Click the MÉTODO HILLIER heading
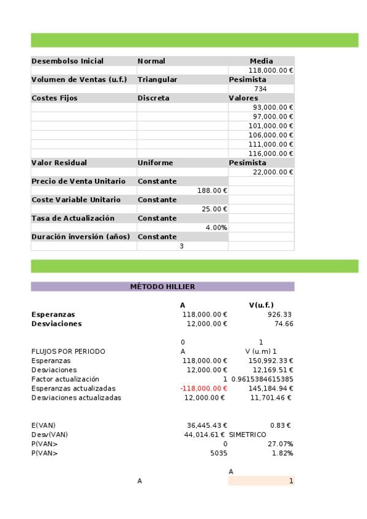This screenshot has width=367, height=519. (x=162, y=286)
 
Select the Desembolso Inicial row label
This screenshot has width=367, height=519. (x=67, y=61)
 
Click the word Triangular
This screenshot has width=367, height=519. (x=157, y=80)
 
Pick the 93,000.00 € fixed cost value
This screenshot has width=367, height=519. (x=270, y=107)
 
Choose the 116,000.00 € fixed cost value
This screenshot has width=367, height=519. (x=270, y=153)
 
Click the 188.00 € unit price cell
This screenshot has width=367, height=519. (x=212, y=190)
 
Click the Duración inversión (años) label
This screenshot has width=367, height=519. (x=81, y=236)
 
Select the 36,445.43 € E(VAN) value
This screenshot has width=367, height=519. (x=206, y=425)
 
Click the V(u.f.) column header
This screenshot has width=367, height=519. (x=261, y=305)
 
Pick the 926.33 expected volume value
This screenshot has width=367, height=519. (x=280, y=315)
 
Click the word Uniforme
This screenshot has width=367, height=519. (x=155, y=163)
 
